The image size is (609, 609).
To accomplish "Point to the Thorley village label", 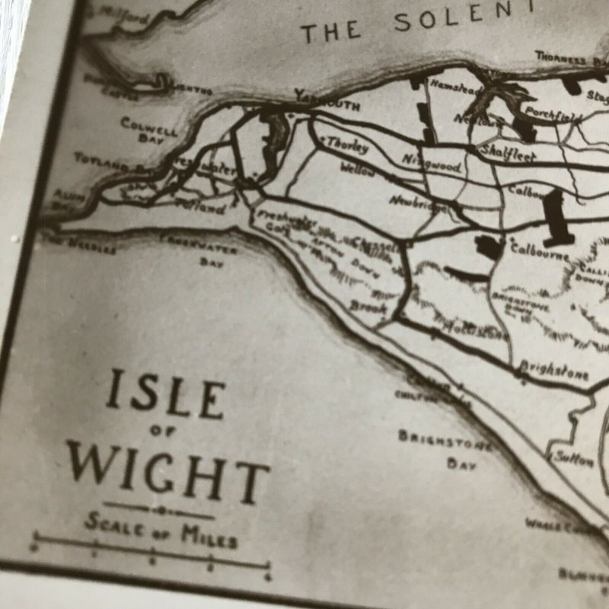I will [347, 145].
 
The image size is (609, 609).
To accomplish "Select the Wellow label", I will [358, 169].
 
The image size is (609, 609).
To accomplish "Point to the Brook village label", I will [368, 307].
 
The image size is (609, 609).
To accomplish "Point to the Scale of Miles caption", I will [161, 528].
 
